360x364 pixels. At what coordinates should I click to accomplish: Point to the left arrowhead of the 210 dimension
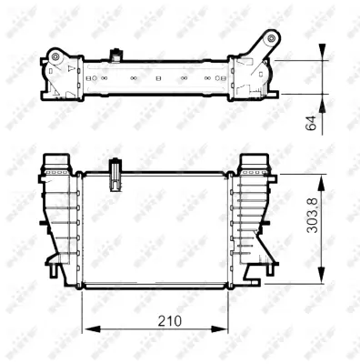point(87,328)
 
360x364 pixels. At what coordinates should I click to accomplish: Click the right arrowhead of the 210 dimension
point(223,328)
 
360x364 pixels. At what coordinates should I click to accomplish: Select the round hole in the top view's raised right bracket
point(270,38)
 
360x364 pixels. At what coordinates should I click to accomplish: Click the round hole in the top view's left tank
point(56,58)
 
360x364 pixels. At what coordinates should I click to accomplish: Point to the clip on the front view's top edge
point(115,174)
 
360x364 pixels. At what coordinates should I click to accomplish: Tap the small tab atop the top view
point(115,55)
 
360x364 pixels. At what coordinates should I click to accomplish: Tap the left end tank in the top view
point(62,76)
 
